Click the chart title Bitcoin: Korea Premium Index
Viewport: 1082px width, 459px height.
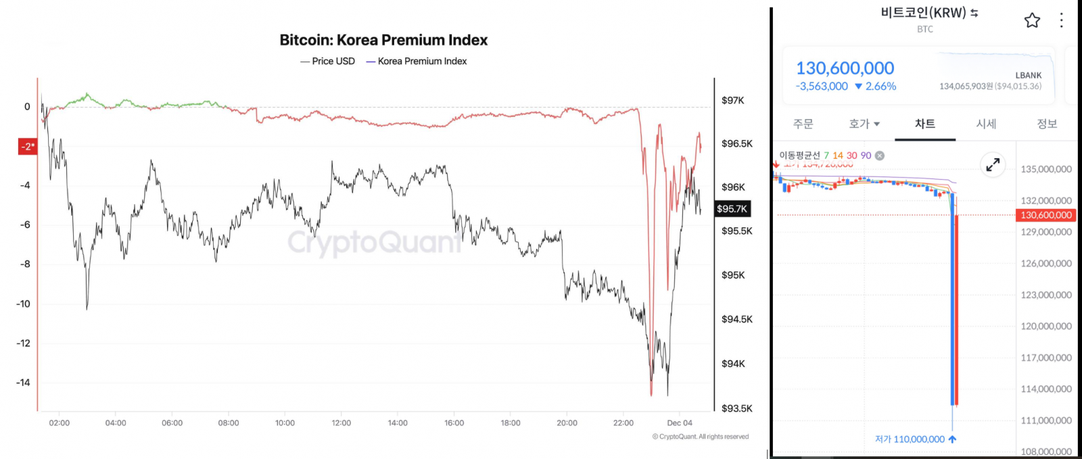click(x=383, y=41)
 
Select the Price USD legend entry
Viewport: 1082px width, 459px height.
click(x=328, y=62)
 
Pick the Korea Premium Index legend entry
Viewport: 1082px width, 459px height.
click(x=417, y=62)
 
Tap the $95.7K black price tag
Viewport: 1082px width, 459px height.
click(x=732, y=209)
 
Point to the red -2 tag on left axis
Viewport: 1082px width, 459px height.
click(x=27, y=146)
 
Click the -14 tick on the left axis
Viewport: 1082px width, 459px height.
click(x=24, y=383)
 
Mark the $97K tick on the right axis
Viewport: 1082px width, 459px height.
click(x=732, y=101)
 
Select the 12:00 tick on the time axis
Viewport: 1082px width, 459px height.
click(x=342, y=423)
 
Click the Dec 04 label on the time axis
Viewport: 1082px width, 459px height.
click(x=680, y=423)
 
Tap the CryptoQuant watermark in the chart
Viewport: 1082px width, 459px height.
click(x=375, y=242)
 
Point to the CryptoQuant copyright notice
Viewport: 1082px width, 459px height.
click(x=701, y=437)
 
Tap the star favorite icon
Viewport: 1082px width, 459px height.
click(x=1032, y=20)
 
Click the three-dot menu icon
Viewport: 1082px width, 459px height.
click(x=1062, y=20)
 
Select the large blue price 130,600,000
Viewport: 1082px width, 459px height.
click(x=845, y=68)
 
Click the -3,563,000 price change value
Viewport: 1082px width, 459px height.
click(x=822, y=87)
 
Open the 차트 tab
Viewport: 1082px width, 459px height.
click(x=925, y=124)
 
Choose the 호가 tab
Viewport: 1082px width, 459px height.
click(x=864, y=124)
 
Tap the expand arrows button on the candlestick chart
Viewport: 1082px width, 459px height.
click(x=993, y=164)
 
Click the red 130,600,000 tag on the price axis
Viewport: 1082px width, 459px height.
click(x=1045, y=215)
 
